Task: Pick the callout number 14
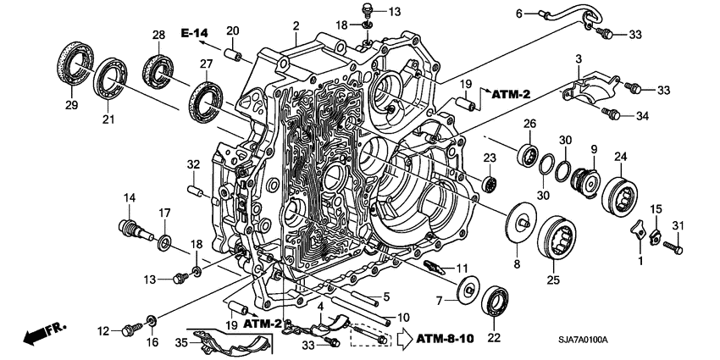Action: point(130,198)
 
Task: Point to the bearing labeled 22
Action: point(495,300)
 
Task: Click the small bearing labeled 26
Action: point(529,154)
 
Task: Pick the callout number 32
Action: point(192,163)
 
